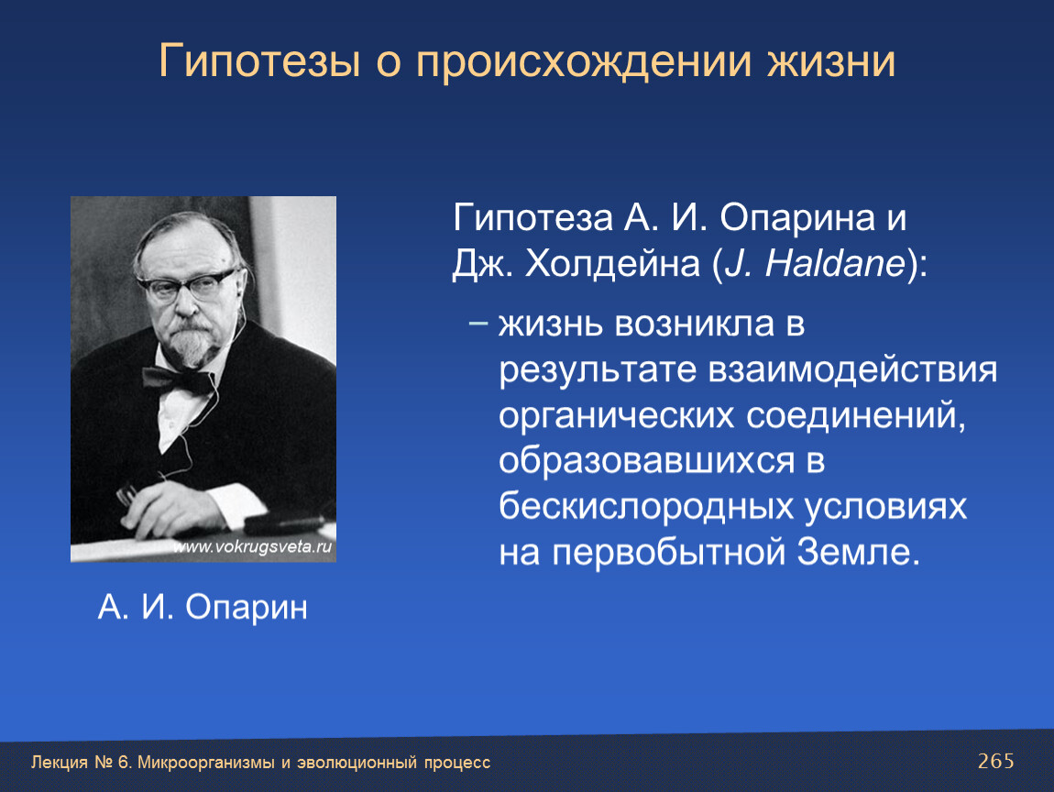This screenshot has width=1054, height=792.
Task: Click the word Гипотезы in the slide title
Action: [x=259, y=61]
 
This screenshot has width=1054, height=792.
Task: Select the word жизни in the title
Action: [x=831, y=60]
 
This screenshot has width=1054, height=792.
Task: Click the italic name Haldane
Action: [x=836, y=262]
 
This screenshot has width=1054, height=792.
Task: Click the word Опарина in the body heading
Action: [x=797, y=218]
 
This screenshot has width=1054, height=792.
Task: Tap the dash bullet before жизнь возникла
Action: [x=478, y=324]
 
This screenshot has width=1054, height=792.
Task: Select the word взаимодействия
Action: [x=852, y=370]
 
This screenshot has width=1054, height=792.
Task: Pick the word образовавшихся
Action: [x=647, y=461]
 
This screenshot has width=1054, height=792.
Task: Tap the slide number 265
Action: [x=996, y=761]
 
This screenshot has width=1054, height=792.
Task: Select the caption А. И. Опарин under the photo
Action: [x=203, y=607]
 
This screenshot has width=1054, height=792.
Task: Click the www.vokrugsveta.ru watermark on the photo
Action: [x=253, y=546]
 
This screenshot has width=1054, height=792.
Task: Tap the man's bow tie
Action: [x=176, y=379]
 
